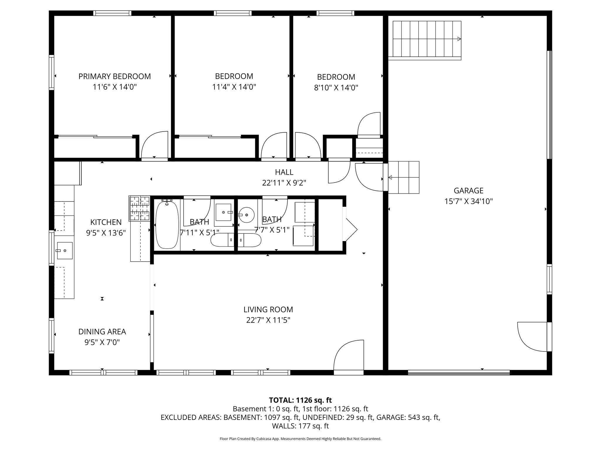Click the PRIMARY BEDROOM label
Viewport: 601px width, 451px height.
tap(114, 76)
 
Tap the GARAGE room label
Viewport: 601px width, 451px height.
tap(468, 191)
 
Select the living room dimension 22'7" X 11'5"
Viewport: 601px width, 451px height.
tap(268, 320)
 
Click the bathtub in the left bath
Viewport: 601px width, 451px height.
tap(167, 225)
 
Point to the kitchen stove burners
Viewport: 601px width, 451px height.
tap(139, 208)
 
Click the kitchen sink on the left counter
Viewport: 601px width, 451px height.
tap(65, 250)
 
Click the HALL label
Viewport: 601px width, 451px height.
tap(284, 172)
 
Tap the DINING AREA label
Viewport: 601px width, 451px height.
tap(102, 332)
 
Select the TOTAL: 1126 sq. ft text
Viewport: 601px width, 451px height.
tap(300, 400)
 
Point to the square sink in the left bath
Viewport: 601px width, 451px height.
tap(224, 212)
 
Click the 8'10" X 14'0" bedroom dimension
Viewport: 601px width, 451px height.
tap(336, 88)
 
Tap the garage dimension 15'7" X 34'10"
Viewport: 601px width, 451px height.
tap(468, 201)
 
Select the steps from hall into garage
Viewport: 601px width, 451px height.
tap(404, 177)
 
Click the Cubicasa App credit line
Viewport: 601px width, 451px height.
tap(300, 439)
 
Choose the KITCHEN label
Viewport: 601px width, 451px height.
tap(106, 222)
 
